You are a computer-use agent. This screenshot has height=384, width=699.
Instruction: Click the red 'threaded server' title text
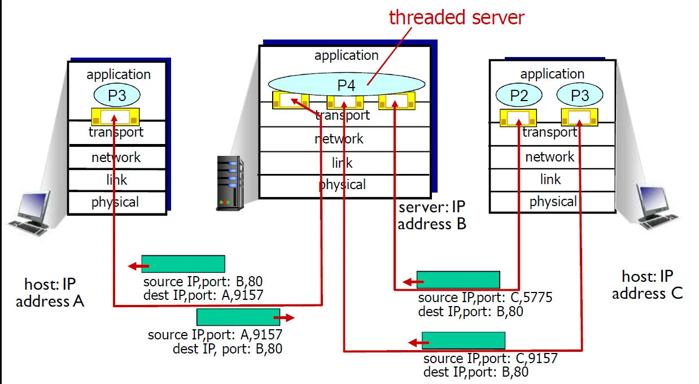(x=457, y=17)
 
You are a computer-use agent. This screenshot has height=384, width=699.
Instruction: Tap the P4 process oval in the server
(x=346, y=85)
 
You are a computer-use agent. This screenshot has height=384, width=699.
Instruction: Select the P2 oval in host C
(x=518, y=96)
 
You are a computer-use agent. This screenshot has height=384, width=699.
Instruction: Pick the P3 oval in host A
(x=117, y=95)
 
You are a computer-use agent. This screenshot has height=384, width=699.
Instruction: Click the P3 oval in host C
(x=580, y=96)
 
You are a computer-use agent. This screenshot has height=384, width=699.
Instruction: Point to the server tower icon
(x=230, y=184)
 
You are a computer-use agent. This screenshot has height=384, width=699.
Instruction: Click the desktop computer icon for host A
(x=31, y=212)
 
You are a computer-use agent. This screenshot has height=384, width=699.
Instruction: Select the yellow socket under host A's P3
(x=115, y=117)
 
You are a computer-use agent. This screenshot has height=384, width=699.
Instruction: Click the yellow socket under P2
(x=518, y=117)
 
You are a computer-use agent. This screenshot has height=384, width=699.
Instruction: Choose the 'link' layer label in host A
(x=117, y=180)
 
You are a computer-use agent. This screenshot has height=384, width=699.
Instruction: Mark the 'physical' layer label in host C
(x=553, y=202)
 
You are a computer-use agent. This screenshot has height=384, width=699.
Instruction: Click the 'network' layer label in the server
(x=339, y=139)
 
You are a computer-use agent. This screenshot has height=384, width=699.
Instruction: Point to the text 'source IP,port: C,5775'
(x=484, y=298)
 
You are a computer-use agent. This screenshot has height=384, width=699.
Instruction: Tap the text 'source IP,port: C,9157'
(x=490, y=359)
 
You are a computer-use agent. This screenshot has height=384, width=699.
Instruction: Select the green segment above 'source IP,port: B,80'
(x=183, y=264)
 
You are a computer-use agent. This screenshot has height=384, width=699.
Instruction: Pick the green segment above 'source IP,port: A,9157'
(x=238, y=317)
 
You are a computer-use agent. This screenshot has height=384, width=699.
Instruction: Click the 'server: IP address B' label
(x=431, y=216)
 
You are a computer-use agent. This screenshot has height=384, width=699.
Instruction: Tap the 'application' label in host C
(x=552, y=74)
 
